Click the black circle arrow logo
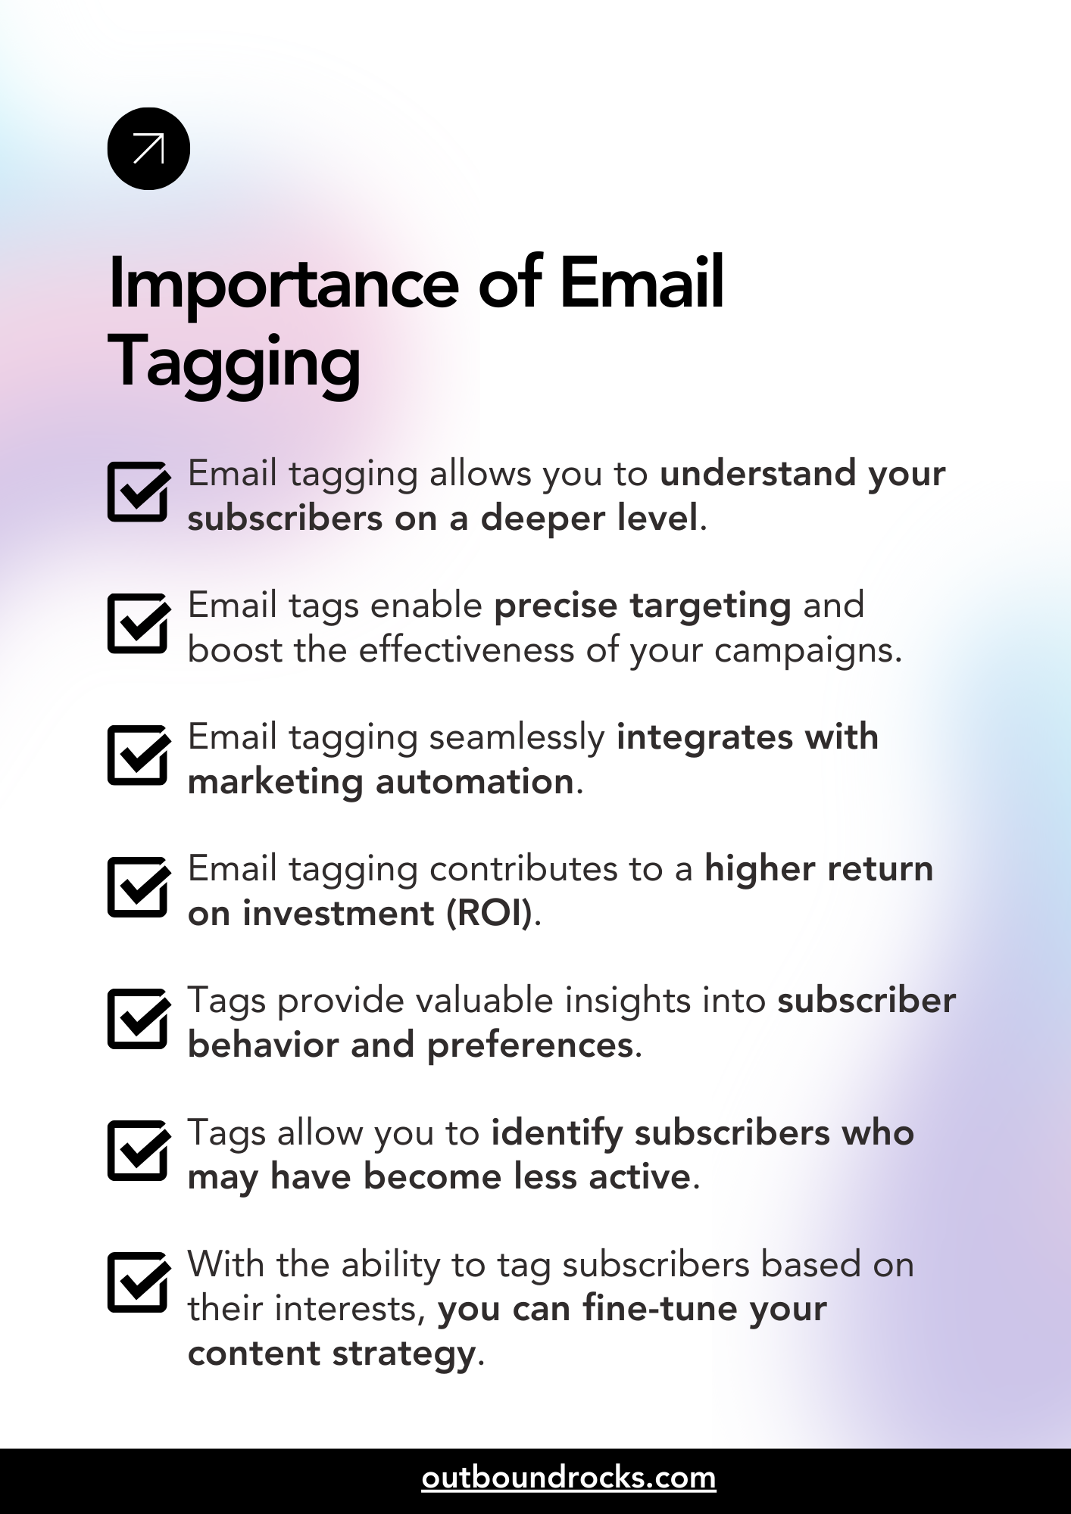pyautogui.click(x=148, y=148)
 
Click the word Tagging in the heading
pyautogui.click(x=234, y=364)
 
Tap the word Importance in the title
pyautogui.click(x=283, y=285)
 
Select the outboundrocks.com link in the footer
pyautogui.click(x=568, y=1478)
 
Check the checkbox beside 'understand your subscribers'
pyautogui.click(x=138, y=492)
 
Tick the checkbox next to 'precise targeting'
pyautogui.click(x=138, y=624)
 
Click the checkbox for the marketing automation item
pyautogui.click(x=138, y=755)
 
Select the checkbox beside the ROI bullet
pyautogui.click(x=138, y=887)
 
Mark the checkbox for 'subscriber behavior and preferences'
pyautogui.click(x=138, y=1019)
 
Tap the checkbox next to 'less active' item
pyautogui.click(x=138, y=1151)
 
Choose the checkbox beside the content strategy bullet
pyautogui.click(x=138, y=1282)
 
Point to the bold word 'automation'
pyautogui.click(x=475, y=781)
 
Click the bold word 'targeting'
pyautogui.click(x=710, y=606)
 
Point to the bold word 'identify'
pyautogui.click(x=557, y=1133)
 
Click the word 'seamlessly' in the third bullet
pyautogui.click(x=517, y=737)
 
